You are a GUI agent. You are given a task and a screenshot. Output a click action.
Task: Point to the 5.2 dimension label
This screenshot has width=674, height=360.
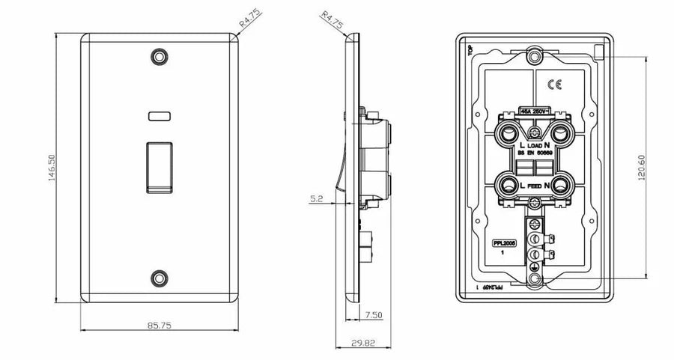click(x=316, y=200)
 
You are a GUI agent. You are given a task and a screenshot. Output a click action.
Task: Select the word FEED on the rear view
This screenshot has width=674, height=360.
click(x=533, y=184)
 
